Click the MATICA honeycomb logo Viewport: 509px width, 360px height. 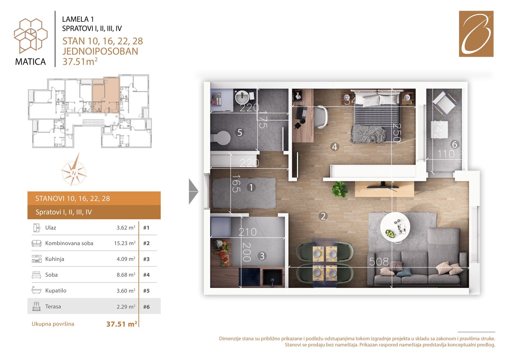tap(31, 36)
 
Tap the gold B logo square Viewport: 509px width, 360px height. tap(476, 34)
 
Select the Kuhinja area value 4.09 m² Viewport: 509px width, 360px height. tap(126, 259)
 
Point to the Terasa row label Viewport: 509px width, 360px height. tap(53, 306)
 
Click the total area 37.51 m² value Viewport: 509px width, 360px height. tap(122, 324)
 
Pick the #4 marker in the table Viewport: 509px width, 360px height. tap(146, 275)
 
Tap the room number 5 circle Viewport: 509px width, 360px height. tap(240, 132)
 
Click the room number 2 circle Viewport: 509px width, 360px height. tap(323, 216)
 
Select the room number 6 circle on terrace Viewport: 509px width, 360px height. tap(454, 144)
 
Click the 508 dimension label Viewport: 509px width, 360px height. tap(379, 262)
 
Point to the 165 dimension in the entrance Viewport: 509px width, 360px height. tap(236, 183)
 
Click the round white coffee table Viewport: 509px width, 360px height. tap(395, 227)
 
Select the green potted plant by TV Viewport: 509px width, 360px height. tap(340, 189)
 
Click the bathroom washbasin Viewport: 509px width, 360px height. tap(242, 97)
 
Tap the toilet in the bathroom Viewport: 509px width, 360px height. tap(220, 138)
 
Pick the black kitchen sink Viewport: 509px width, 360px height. tap(272, 277)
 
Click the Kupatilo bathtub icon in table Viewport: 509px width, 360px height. tap(36, 290)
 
